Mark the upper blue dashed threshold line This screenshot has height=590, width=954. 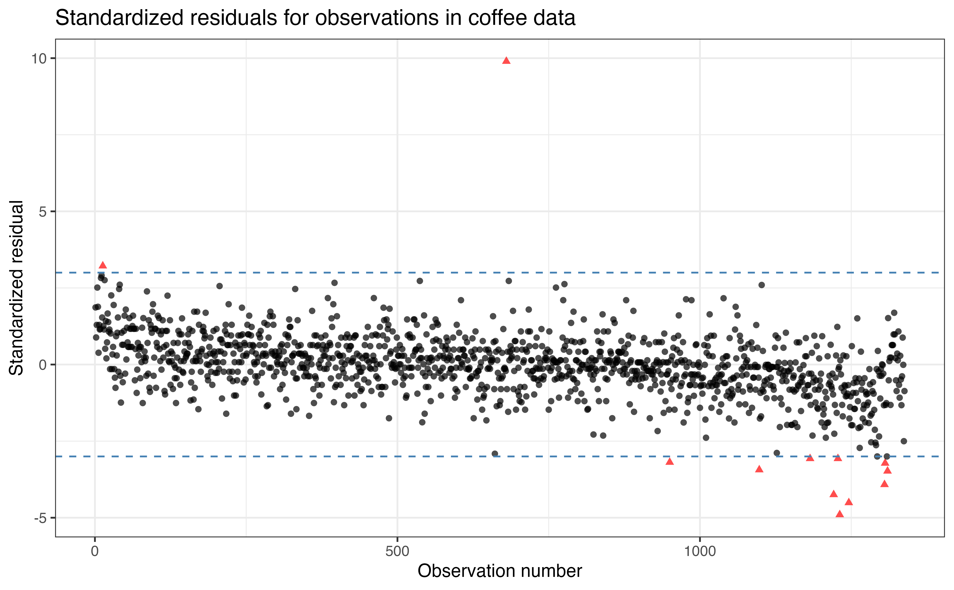click(x=390, y=272)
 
